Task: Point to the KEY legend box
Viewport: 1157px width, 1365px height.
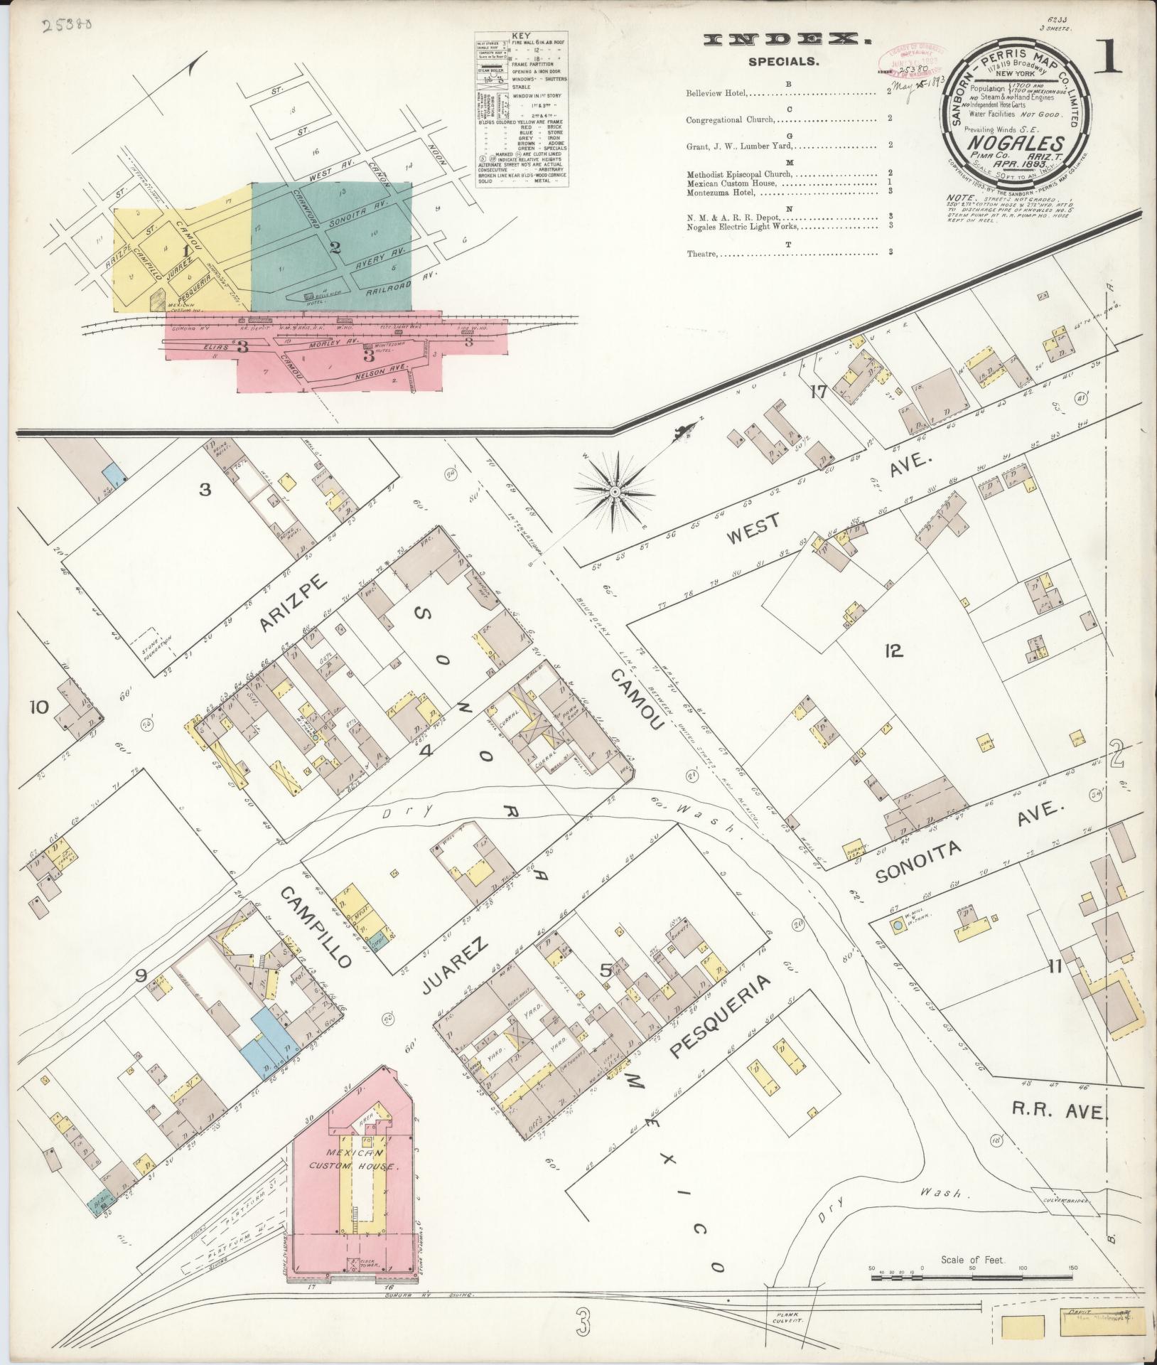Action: pos(521,110)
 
